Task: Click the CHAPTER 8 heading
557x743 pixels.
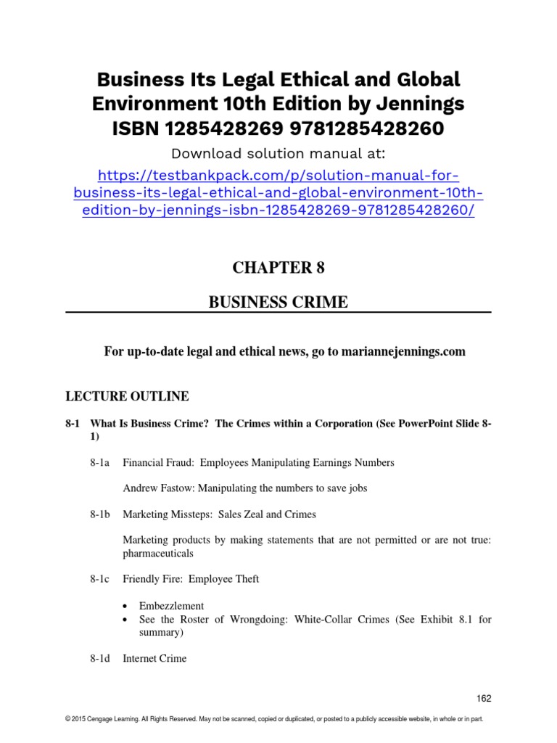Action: tap(278, 267)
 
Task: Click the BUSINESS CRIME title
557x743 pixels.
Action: tap(278, 302)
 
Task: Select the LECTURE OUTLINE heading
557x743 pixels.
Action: tap(127, 396)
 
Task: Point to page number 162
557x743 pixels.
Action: tap(484, 698)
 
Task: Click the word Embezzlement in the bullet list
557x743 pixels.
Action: tap(171, 605)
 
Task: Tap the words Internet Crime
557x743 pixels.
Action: tap(154, 658)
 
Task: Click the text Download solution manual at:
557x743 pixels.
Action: tap(278, 153)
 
